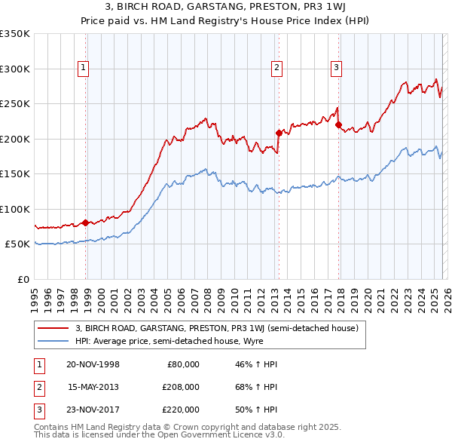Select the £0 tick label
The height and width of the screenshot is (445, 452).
(x=23, y=279)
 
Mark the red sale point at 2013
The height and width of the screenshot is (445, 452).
(x=278, y=133)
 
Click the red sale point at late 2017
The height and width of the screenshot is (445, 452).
(x=338, y=125)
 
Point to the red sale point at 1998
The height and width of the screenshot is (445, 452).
(x=86, y=222)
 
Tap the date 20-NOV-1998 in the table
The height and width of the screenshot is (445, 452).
(x=93, y=364)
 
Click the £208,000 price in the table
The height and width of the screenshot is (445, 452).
(x=180, y=387)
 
